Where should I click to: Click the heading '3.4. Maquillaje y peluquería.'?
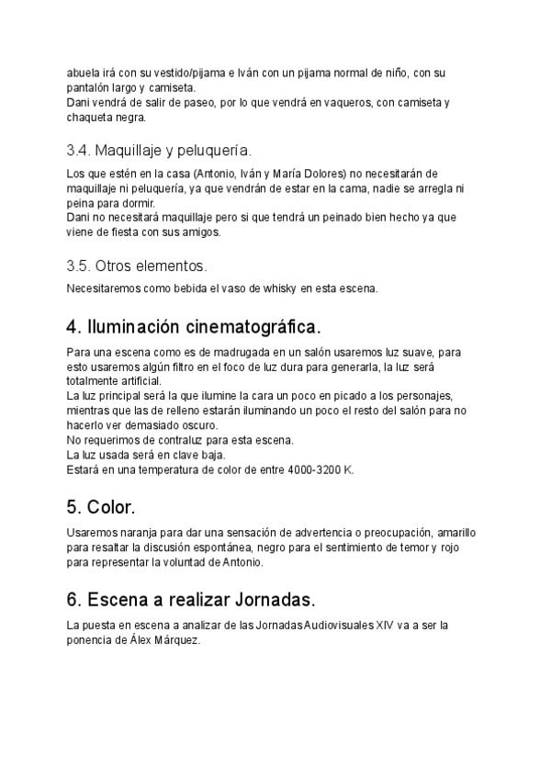tap(159, 150)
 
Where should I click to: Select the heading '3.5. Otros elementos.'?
tap(137, 266)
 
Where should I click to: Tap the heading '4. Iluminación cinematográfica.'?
tap(194, 326)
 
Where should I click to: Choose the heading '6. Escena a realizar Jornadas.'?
tap(191, 600)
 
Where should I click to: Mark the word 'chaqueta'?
tap(89, 118)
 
